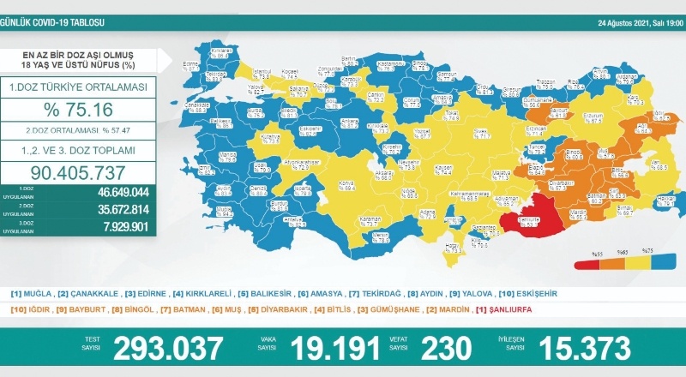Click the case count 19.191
(x=334, y=348)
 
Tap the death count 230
(x=447, y=348)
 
